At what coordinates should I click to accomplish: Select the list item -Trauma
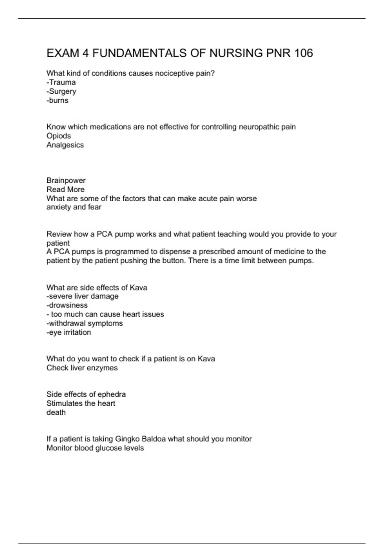(x=61, y=82)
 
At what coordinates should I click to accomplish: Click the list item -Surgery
(x=61, y=92)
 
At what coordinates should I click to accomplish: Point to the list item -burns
(x=58, y=100)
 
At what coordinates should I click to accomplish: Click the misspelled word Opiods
(x=59, y=136)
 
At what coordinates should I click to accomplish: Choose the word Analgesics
(x=65, y=145)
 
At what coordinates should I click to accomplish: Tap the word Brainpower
(x=66, y=180)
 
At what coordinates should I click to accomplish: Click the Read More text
(x=66, y=189)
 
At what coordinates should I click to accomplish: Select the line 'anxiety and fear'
(x=74, y=207)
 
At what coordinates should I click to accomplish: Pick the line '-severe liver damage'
(x=83, y=296)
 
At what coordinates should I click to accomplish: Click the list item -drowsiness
(x=67, y=305)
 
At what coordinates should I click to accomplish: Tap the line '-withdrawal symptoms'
(x=84, y=323)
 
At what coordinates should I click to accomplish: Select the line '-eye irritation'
(x=69, y=332)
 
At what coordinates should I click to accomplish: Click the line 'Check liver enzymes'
(x=82, y=368)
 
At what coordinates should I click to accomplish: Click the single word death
(x=56, y=412)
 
